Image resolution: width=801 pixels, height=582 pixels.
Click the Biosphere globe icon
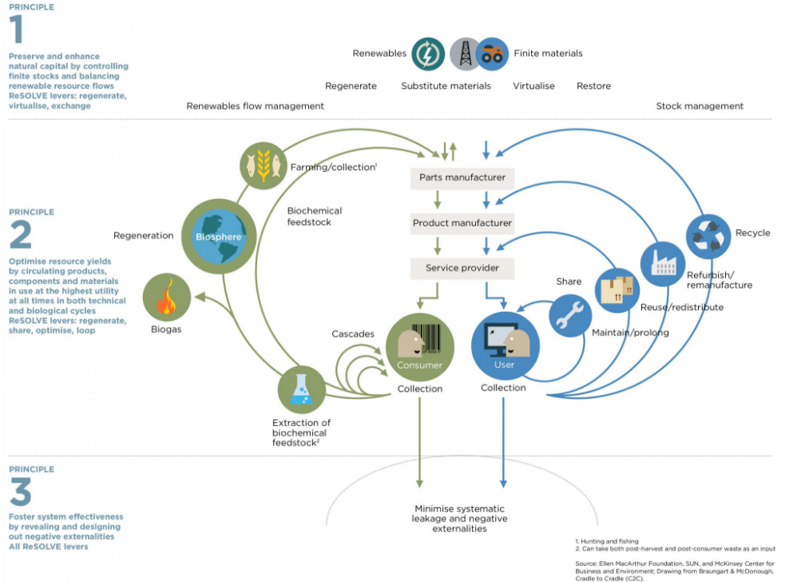pyautogui.click(x=219, y=237)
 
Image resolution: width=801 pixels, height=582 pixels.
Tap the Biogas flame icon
pyautogui.click(x=167, y=297)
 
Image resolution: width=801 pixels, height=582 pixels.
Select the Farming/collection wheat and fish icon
pyautogui.click(x=263, y=165)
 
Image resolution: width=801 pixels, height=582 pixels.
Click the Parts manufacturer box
pyautogui.click(x=462, y=178)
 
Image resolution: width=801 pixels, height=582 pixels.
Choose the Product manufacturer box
pyautogui.click(x=462, y=223)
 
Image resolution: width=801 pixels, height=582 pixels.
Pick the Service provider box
pyautogui.click(x=462, y=268)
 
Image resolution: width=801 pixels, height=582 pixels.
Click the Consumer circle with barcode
pyautogui.click(x=420, y=347)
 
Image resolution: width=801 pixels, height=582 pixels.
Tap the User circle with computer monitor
pyautogui.click(x=505, y=346)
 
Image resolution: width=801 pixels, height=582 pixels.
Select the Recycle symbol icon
pyautogui.click(x=708, y=237)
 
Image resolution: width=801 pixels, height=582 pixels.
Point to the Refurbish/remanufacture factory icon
pyautogui.click(x=663, y=264)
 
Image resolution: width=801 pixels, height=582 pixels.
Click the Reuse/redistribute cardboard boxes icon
pyautogui.click(x=617, y=290)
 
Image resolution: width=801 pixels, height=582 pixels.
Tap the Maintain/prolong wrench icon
pyautogui.click(x=570, y=316)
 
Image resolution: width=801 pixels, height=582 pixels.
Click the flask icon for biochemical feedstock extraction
pyautogui.click(x=301, y=389)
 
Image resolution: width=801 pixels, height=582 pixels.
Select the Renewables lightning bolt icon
pyautogui.click(x=428, y=54)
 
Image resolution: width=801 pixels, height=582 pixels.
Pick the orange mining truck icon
pyautogui.click(x=492, y=54)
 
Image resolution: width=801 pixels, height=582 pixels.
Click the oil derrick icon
pyautogui.click(x=464, y=54)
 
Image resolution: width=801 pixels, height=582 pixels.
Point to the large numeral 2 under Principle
pyautogui.click(x=21, y=235)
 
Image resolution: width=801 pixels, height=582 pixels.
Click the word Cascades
pyautogui.click(x=353, y=334)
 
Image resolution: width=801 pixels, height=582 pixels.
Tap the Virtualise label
pyautogui.click(x=533, y=86)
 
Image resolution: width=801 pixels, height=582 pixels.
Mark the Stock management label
pyautogui.click(x=700, y=106)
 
